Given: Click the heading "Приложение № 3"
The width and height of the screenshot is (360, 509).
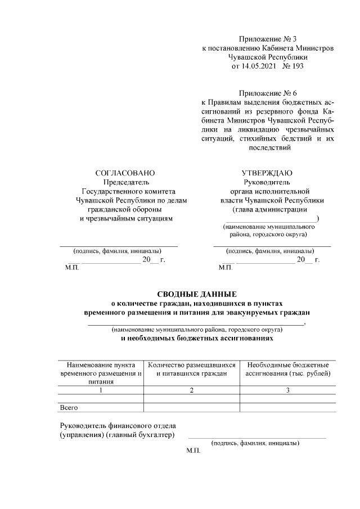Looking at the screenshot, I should (x=267, y=39).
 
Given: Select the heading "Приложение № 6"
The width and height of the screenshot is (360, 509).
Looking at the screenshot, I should (x=267, y=93).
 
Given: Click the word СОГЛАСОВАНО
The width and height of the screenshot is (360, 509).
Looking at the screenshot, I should (x=125, y=173).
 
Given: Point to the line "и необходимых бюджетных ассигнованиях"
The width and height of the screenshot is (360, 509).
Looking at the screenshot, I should (x=196, y=339).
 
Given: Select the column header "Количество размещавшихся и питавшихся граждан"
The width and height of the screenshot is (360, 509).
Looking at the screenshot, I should (x=191, y=369).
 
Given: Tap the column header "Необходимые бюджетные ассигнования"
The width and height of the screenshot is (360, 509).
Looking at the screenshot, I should (x=287, y=369).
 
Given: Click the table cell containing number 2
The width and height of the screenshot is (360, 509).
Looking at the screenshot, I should (x=191, y=390).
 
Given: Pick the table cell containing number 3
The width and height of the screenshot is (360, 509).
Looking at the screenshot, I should (x=287, y=390).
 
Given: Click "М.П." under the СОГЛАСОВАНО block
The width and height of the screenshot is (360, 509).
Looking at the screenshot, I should (x=73, y=268).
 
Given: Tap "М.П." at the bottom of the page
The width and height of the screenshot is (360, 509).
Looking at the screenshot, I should (x=193, y=451).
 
